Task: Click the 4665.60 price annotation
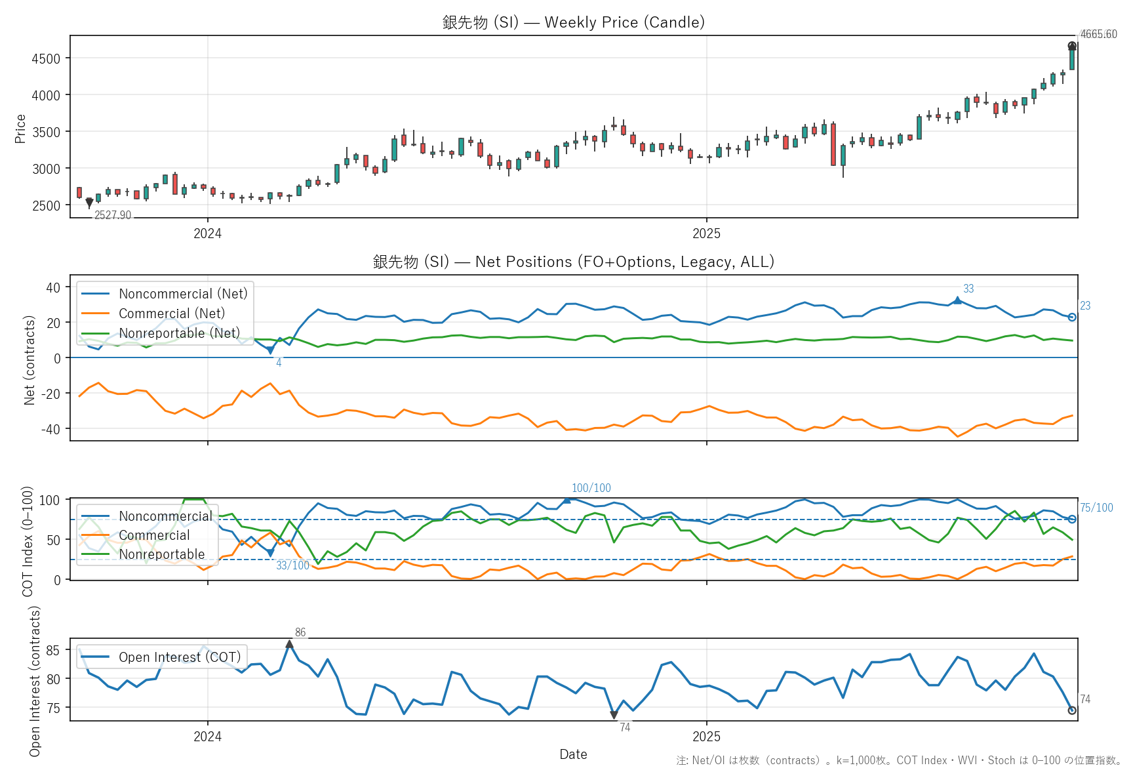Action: (x=1098, y=34)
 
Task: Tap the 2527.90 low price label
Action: (x=113, y=215)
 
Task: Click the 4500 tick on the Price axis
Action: (x=46, y=58)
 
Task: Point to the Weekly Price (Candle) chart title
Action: (x=574, y=22)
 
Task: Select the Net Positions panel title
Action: (x=574, y=262)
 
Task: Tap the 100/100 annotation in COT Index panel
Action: (x=591, y=488)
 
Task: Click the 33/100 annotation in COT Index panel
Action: (x=292, y=565)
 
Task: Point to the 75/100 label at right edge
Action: (x=1096, y=508)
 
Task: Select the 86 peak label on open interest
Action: (x=300, y=632)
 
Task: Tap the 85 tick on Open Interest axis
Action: (x=52, y=650)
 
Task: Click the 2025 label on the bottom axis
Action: (x=706, y=737)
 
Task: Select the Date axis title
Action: (x=573, y=754)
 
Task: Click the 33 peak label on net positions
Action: (x=968, y=289)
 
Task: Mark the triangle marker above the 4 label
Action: (x=270, y=350)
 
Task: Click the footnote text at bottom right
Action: (x=899, y=760)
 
